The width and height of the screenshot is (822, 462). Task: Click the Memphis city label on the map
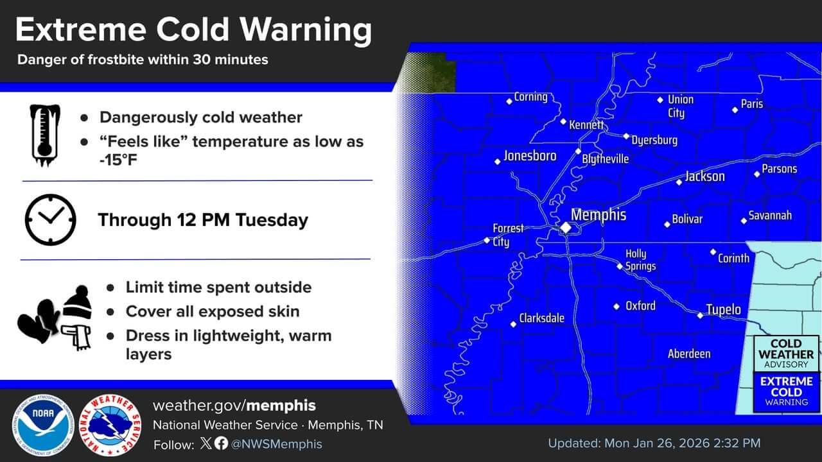(x=598, y=214)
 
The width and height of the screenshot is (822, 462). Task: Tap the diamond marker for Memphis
(x=566, y=227)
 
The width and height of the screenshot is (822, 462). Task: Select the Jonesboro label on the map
(x=530, y=156)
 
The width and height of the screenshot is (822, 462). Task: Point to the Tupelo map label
(x=723, y=310)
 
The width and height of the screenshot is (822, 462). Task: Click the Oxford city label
(x=640, y=306)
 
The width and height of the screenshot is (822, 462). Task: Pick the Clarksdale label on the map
(x=541, y=318)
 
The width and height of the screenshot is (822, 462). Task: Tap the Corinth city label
(x=733, y=258)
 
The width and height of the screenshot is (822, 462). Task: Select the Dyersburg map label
(x=654, y=140)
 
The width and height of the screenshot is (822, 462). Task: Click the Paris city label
(x=751, y=104)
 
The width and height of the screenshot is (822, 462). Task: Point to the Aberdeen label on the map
(x=689, y=354)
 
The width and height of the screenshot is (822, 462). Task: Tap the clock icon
(x=50, y=219)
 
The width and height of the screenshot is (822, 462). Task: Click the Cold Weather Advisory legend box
(x=786, y=354)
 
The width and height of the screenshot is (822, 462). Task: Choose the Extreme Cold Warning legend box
(x=786, y=391)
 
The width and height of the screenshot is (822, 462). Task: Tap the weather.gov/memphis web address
(x=234, y=406)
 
